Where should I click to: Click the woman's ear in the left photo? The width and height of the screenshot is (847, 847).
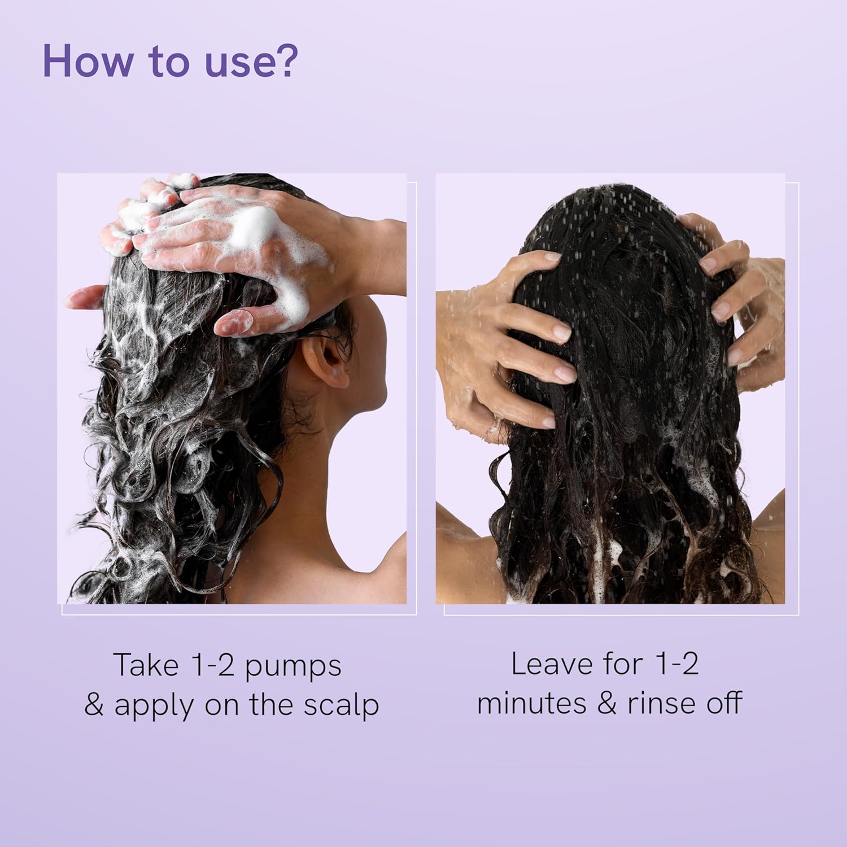326,360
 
